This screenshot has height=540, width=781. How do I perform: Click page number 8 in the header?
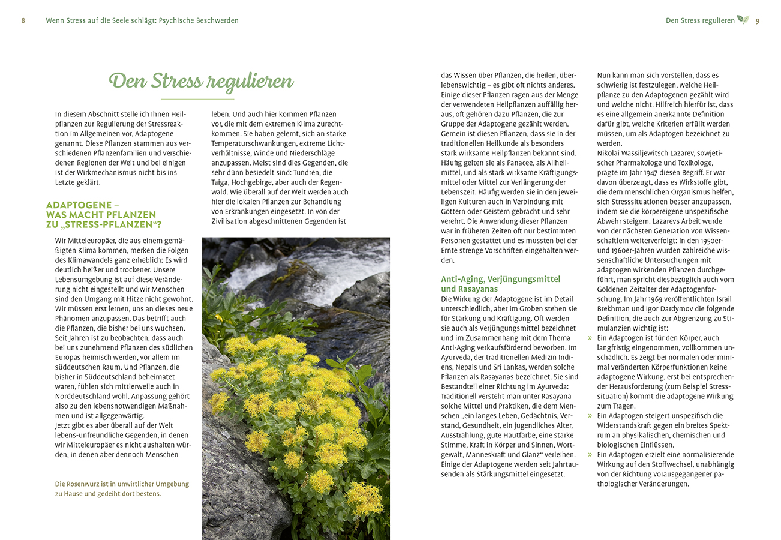23,20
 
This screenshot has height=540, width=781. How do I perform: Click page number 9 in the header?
758,20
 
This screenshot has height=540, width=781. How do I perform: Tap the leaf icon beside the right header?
743,19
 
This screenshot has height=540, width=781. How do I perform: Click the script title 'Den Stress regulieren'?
201,82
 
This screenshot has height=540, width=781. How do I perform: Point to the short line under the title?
197,99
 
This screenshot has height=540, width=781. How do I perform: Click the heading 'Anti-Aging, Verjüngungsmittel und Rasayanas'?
501,284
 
